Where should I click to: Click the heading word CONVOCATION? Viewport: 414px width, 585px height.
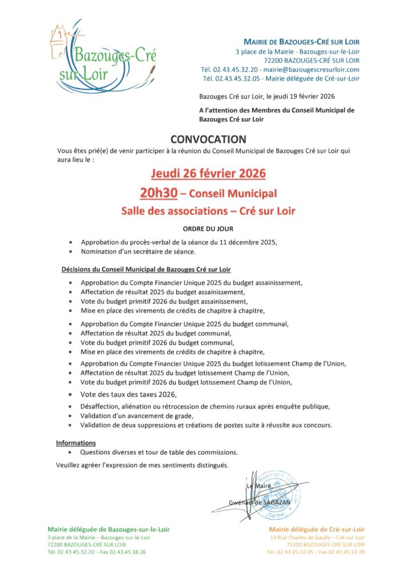pos(208,139)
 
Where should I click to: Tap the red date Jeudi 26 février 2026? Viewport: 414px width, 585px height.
pos(208,173)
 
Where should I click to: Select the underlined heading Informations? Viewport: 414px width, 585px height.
pos(76,443)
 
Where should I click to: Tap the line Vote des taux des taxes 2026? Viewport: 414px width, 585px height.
pos(129,395)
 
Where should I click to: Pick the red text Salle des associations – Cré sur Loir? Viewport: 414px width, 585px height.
pos(208,211)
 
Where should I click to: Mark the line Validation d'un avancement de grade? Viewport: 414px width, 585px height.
pos(137,416)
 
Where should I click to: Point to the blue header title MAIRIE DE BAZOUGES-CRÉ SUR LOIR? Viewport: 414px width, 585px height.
pos(302,42)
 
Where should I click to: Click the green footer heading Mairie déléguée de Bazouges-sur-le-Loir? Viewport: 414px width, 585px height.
pos(109,530)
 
